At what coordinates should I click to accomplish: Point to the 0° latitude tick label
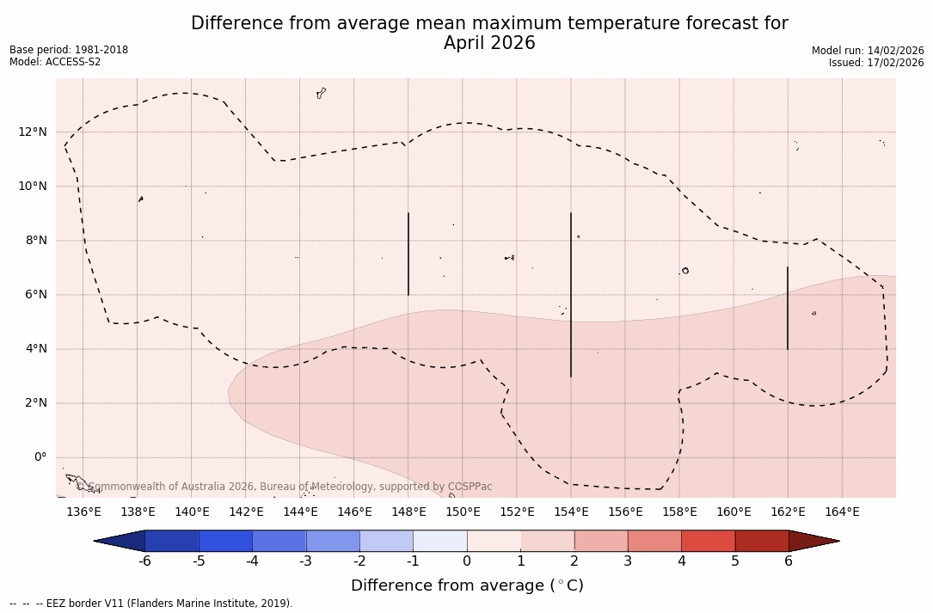40,457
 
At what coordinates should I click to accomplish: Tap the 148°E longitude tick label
408,512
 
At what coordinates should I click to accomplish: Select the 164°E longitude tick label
842,512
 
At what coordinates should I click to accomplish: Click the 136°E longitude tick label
83,512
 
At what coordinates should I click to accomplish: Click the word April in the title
465,43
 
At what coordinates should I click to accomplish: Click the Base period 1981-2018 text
69,50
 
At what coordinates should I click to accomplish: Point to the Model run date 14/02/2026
893,51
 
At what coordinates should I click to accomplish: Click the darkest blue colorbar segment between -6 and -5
172,541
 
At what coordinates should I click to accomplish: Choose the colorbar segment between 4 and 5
708,541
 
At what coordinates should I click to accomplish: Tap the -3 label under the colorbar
305,561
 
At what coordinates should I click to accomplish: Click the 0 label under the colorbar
467,561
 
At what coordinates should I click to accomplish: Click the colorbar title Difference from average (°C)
467,585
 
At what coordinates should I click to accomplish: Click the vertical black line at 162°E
788,308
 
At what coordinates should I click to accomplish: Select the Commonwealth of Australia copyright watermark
284,487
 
